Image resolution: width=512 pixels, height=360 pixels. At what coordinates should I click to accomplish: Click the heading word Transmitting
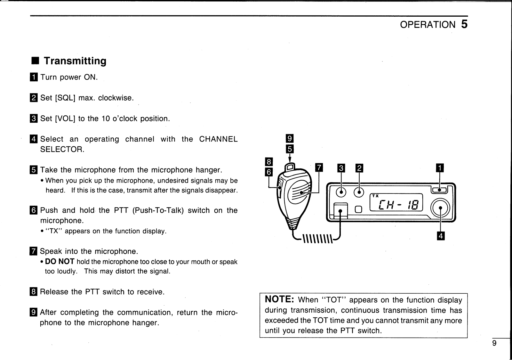[75, 61]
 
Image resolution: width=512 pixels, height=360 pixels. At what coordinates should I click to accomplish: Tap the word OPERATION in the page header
[427, 25]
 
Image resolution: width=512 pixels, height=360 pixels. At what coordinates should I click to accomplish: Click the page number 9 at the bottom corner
[494, 343]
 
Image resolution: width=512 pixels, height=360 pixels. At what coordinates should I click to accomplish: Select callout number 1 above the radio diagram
[440, 168]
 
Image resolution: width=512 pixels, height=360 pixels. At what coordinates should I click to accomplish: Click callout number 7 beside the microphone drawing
[319, 168]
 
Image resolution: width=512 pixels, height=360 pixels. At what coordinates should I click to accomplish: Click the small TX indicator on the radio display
[375, 196]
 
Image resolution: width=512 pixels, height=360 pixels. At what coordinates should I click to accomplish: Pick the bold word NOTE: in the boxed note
[279, 299]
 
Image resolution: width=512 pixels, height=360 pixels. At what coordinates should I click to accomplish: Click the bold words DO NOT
[60, 262]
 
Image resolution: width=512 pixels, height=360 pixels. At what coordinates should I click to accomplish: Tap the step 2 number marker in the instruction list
[34, 98]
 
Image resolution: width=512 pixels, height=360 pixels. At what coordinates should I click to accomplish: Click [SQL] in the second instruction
[65, 98]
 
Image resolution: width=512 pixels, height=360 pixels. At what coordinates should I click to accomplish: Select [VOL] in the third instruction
[65, 119]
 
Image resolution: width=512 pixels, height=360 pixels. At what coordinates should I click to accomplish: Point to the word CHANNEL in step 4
[218, 139]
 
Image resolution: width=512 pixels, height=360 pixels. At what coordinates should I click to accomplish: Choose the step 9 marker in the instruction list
[34, 312]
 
